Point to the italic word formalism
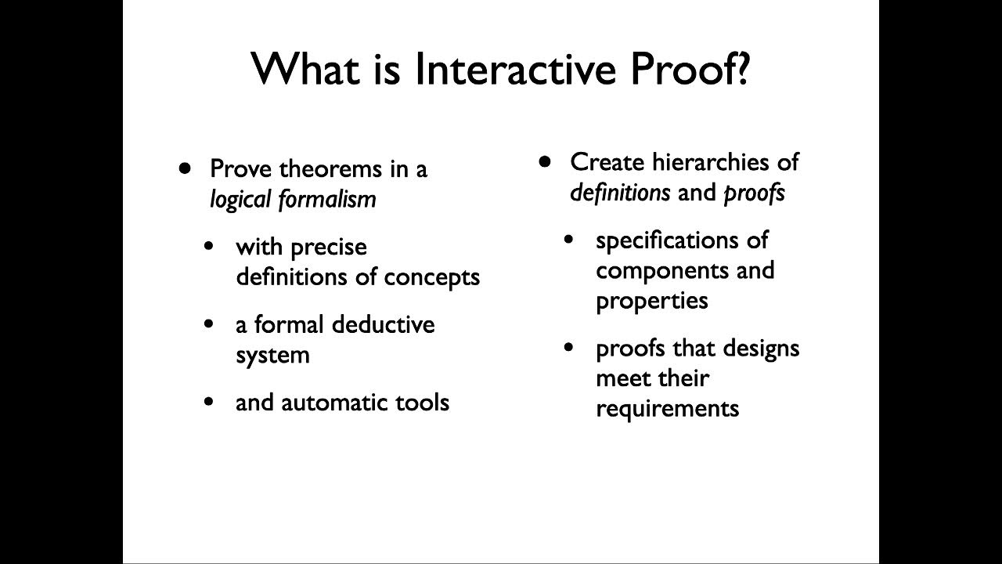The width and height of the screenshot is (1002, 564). [x=326, y=200]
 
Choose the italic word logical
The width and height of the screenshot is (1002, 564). [x=240, y=200]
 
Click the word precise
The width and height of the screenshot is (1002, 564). [x=328, y=247]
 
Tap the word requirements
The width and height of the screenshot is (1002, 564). [x=667, y=408]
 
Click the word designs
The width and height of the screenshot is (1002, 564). [x=761, y=347]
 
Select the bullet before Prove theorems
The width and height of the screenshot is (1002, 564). [x=185, y=167]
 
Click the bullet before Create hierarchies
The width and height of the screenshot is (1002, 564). [x=546, y=161]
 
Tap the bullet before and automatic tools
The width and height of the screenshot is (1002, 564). [x=208, y=402]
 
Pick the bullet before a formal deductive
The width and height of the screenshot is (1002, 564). [x=208, y=324]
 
